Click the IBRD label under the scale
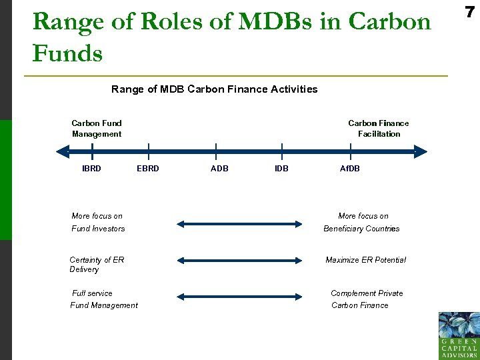(x=91, y=169)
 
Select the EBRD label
(x=148, y=169)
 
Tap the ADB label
(x=219, y=169)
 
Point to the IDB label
(x=281, y=169)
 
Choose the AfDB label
(x=350, y=169)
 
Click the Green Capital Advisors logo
(x=459, y=335)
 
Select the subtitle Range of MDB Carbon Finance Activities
(x=214, y=89)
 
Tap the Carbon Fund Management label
(x=97, y=129)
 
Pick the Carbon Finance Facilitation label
(x=379, y=129)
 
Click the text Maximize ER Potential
(x=365, y=260)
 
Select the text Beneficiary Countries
(x=361, y=229)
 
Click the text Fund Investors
(x=98, y=229)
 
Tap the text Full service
(x=92, y=293)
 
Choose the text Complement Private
(x=367, y=293)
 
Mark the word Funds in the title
(x=67, y=53)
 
